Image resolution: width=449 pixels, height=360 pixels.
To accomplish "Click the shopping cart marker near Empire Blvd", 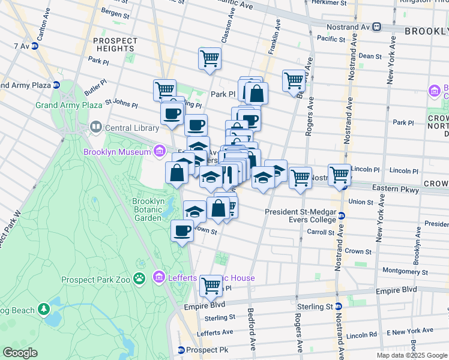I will tap(211, 286).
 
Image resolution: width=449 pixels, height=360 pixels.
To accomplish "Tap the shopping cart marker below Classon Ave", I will tap(209, 59).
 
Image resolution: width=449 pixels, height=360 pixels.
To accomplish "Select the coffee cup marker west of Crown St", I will tap(182, 230).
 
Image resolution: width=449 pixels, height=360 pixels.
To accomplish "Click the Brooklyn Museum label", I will tap(117, 152).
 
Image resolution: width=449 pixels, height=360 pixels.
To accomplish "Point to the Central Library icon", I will tap(95, 127).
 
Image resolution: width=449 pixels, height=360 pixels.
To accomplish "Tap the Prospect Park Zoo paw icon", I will tap(140, 278).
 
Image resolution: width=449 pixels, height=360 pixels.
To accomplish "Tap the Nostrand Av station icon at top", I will tap(376, 26).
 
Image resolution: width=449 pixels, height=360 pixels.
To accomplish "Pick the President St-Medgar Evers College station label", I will tap(301, 215).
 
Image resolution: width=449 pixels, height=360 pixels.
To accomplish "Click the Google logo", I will tap(20, 353).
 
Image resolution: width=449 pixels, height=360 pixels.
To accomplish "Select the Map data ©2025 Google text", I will tap(411, 355).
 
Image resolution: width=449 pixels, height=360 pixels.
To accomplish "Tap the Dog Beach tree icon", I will tap(43, 308).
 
